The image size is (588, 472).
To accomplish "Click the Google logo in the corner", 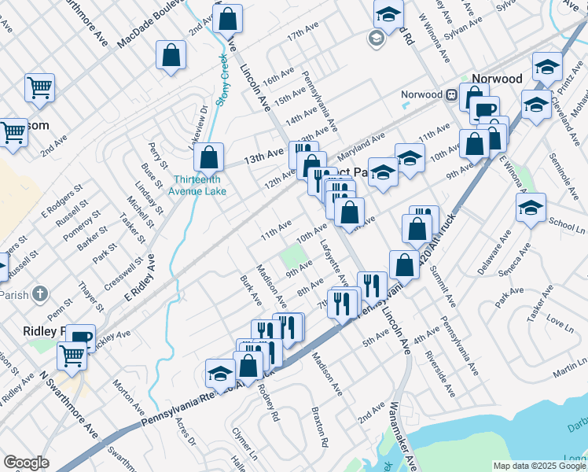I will tap(26, 463).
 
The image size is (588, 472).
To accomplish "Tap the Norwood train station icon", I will tap(452, 95).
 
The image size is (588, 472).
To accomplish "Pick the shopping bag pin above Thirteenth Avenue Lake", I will tap(209, 157).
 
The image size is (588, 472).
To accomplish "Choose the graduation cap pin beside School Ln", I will tap(531, 209).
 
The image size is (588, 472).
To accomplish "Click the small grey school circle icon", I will tap(376, 37).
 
